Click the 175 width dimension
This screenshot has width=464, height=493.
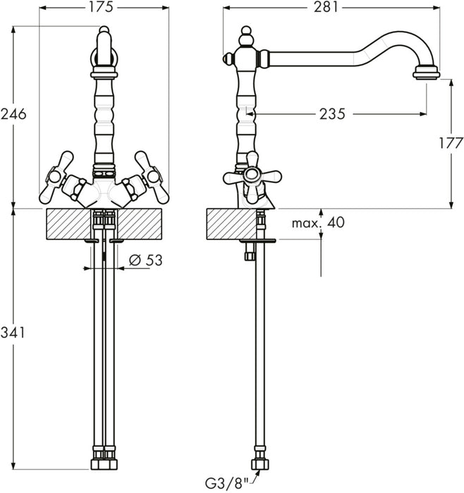point(104,8)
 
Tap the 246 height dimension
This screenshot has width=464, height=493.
point(13,114)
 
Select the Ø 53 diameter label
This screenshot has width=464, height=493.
point(145,260)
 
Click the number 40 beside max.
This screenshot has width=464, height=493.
point(336,223)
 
